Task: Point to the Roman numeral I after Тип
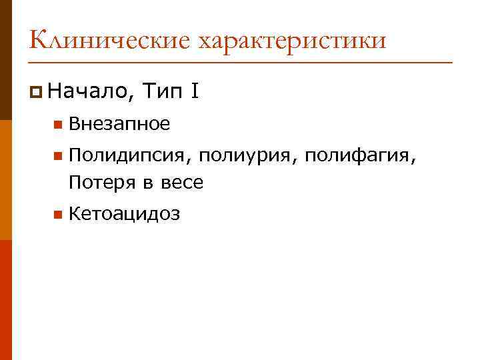[193, 89]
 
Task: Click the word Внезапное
[119, 123]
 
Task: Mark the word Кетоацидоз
[124, 214]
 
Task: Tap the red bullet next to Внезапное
[58, 124]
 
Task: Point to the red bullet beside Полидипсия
[58, 157]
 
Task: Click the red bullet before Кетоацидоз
[58, 215]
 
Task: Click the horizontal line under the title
[240, 62]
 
